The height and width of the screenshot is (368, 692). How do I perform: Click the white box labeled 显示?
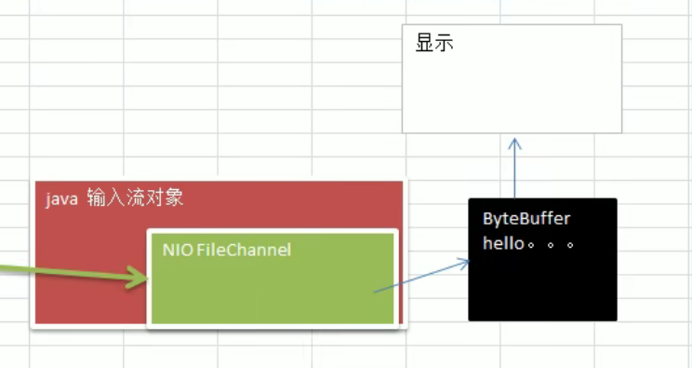pyautogui.click(x=512, y=89)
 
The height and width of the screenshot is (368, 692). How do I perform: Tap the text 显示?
pyautogui.click(x=433, y=43)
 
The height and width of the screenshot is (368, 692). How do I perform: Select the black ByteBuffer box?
pyautogui.click(x=542, y=279)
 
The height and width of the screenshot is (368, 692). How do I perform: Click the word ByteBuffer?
pyautogui.click(x=526, y=219)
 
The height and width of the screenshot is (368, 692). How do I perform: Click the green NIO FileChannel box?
pyautogui.click(x=273, y=289)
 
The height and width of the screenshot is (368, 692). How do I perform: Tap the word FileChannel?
pyautogui.click(x=244, y=250)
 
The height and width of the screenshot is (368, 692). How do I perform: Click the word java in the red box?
pyautogui.click(x=61, y=198)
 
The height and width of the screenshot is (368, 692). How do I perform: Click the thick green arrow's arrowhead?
pyautogui.click(x=140, y=278)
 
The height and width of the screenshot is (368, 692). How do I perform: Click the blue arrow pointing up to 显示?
pyautogui.click(x=514, y=172)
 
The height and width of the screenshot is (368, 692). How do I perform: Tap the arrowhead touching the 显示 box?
pyautogui.click(x=514, y=143)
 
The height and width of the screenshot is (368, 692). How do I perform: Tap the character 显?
pyautogui.click(x=424, y=43)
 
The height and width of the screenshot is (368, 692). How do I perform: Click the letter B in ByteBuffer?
pyautogui.click(x=487, y=219)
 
